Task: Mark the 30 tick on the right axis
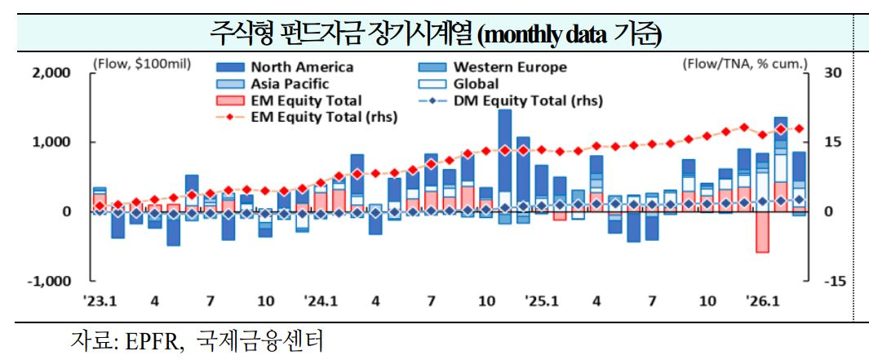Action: tap(831, 73)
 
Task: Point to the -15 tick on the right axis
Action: tap(833, 281)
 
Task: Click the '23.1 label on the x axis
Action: tap(99, 301)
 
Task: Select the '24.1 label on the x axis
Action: tap(320, 301)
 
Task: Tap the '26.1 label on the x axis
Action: tap(763, 301)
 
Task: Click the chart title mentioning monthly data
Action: tap(435, 34)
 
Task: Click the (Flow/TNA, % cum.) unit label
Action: tap(744, 62)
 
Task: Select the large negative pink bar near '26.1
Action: tap(762, 233)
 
